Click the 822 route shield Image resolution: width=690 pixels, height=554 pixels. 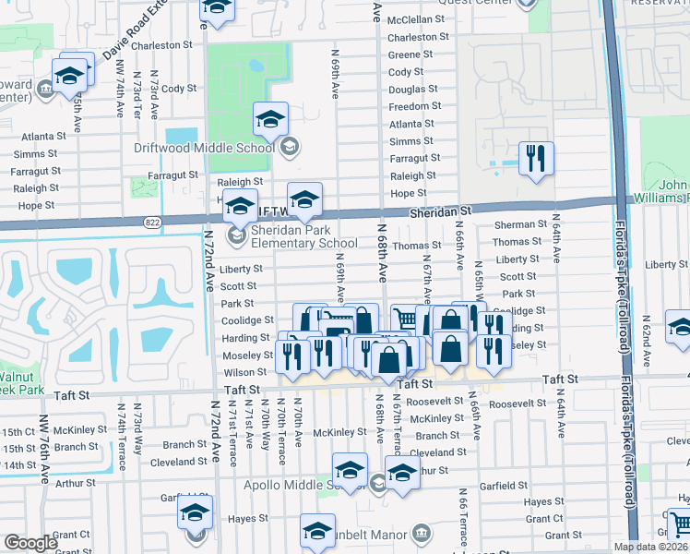click(153, 222)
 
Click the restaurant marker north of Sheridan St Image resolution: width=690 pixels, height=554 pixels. click(535, 159)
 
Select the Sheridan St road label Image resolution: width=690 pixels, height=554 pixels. click(441, 211)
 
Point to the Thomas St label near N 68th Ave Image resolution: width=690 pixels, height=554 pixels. click(417, 246)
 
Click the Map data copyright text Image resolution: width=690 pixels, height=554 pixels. click(650, 547)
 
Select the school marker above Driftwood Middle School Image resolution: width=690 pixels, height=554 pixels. click(271, 119)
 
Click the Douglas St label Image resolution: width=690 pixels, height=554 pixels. click(407, 90)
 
